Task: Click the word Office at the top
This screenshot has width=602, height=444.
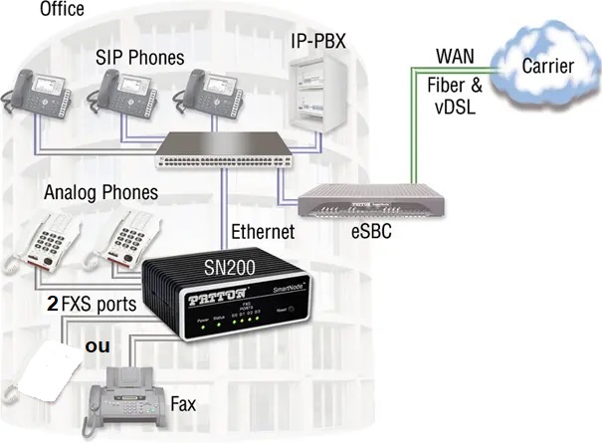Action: click(x=61, y=10)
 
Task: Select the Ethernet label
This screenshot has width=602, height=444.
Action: click(x=263, y=232)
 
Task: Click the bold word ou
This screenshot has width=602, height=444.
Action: click(x=98, y=345)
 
